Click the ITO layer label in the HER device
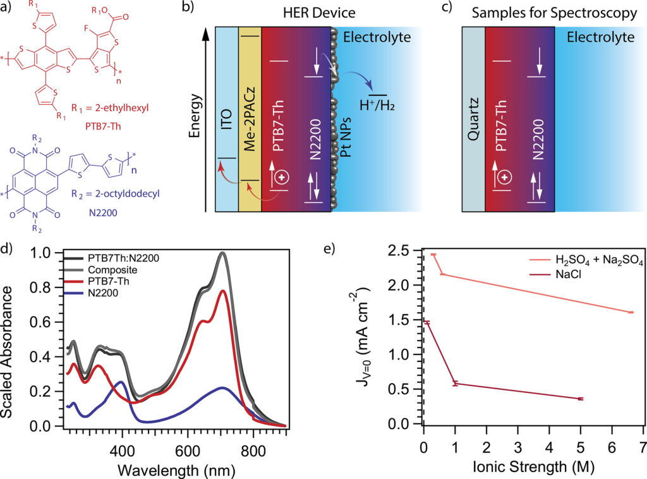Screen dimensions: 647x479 [227, 119]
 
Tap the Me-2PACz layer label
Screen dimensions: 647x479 [250, 119]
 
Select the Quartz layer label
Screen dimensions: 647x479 [474, 119]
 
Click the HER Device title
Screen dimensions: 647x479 [319, 13]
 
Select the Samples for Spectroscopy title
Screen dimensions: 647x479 [554, 13]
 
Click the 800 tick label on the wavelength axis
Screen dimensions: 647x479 [253, 451]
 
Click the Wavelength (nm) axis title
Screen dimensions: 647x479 [176, 470]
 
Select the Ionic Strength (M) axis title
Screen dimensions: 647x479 [533, 466]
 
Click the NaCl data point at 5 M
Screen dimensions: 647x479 [581, 399]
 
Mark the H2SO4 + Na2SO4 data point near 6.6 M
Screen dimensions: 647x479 [631, 312]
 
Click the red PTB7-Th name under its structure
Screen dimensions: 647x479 [103, 126]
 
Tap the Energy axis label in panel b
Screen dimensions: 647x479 [195, 116]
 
